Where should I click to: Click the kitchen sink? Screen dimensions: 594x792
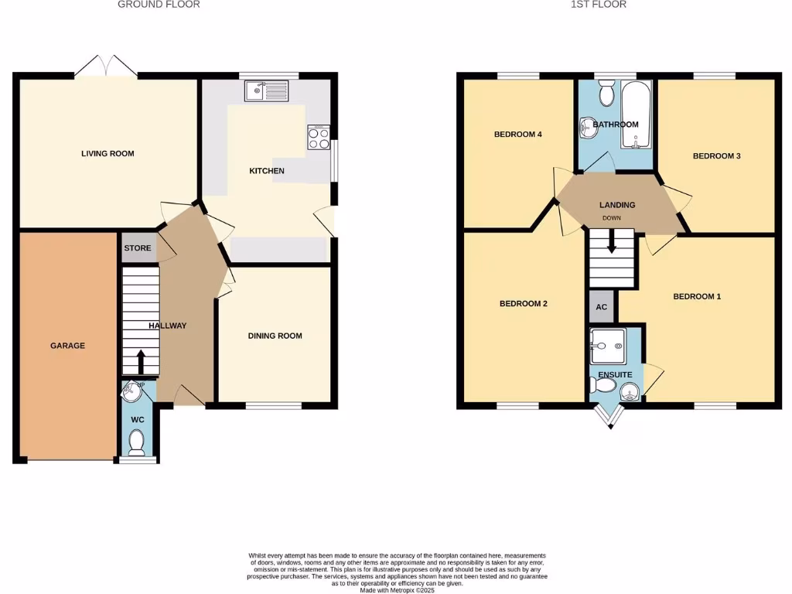pos(265,91)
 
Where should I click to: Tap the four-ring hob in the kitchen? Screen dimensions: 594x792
pos(318,138)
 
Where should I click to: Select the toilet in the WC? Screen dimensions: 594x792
pos(137,442)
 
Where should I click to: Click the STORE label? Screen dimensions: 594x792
pos(138,248)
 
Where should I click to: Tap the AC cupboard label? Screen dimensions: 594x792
pos(601,307)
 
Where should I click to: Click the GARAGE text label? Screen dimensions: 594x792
pos(67,346)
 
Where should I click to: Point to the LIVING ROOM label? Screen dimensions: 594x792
pos(108,153)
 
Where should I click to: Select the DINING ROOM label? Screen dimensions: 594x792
pos(275,336)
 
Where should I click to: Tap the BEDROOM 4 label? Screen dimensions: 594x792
pos(517,135)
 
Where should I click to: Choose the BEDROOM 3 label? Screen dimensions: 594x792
pos(716,156)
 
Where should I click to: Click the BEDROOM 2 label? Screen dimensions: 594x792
pos(523,304)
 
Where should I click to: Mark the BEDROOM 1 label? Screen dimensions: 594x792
pos(697,296)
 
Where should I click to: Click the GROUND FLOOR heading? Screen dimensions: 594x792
pos(159,5)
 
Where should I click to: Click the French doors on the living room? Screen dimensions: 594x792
pos(106,67)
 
